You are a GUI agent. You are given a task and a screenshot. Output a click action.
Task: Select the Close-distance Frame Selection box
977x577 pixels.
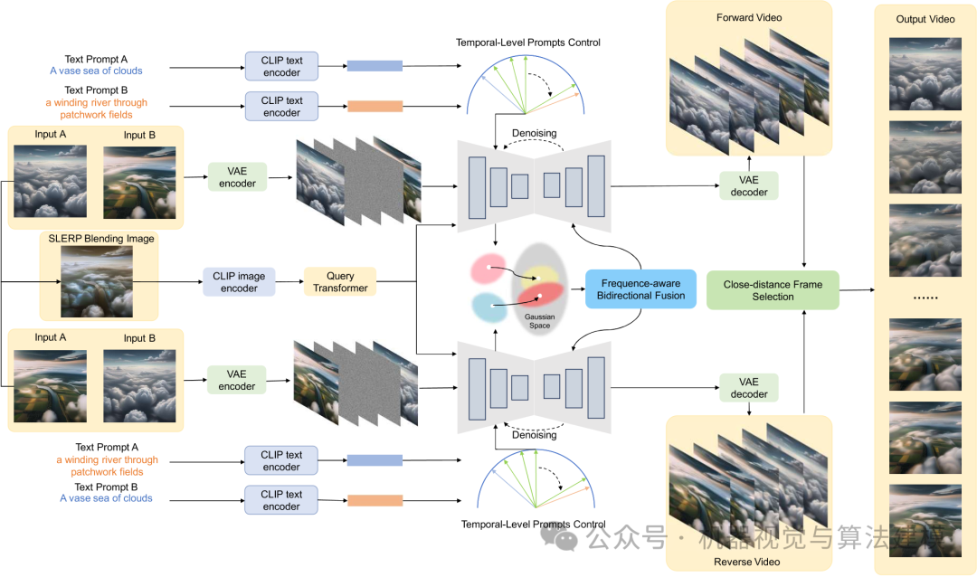(x=773, y=289)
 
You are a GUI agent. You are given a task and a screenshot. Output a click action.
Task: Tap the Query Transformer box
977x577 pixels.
(x=339, y=281)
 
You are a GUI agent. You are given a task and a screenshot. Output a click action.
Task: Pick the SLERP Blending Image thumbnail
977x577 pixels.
(x=97, y=281)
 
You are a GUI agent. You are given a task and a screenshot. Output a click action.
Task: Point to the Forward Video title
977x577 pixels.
(x=748, y=17)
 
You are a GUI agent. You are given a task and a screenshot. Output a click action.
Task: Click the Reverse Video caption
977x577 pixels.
(x=748, y=562)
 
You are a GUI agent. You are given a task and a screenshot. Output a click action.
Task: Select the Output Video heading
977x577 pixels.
(x=925, y=19)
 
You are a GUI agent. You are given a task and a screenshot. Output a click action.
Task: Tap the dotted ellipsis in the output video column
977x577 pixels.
(x=925, y=298)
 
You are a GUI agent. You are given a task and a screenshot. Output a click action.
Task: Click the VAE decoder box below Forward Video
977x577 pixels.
(x=748, y=185)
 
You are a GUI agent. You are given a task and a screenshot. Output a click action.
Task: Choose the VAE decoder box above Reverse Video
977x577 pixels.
(x=748, y=388)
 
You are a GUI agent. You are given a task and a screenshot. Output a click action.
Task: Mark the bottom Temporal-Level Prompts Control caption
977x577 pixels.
(x=533, y=524)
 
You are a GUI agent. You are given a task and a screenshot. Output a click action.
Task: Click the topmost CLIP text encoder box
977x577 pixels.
(x=281, y=67)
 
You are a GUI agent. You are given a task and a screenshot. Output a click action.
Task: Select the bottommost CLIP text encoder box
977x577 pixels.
(x=281, y=500)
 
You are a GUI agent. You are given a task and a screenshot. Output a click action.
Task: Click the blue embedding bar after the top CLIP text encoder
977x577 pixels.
(x=375, y=66)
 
